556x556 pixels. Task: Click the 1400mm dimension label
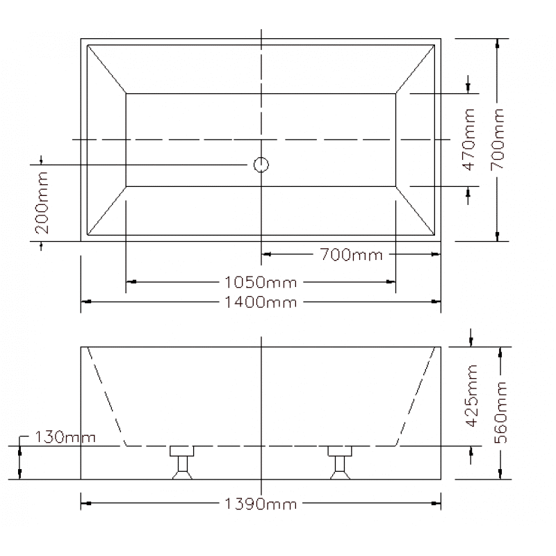pos(261,302)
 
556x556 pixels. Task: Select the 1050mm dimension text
pos(261,282)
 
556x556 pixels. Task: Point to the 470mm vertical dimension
pos(468,139)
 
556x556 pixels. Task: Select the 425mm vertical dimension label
pos(472,396)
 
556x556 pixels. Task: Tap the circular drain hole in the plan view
pos(261,165)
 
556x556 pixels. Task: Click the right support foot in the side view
pos(340,463)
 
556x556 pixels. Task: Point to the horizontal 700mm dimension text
pos(352,254)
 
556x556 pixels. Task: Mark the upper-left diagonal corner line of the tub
pos(106,67)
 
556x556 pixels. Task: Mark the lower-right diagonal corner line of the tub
pos(417,211)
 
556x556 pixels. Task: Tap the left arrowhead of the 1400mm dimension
pos(85,302)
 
